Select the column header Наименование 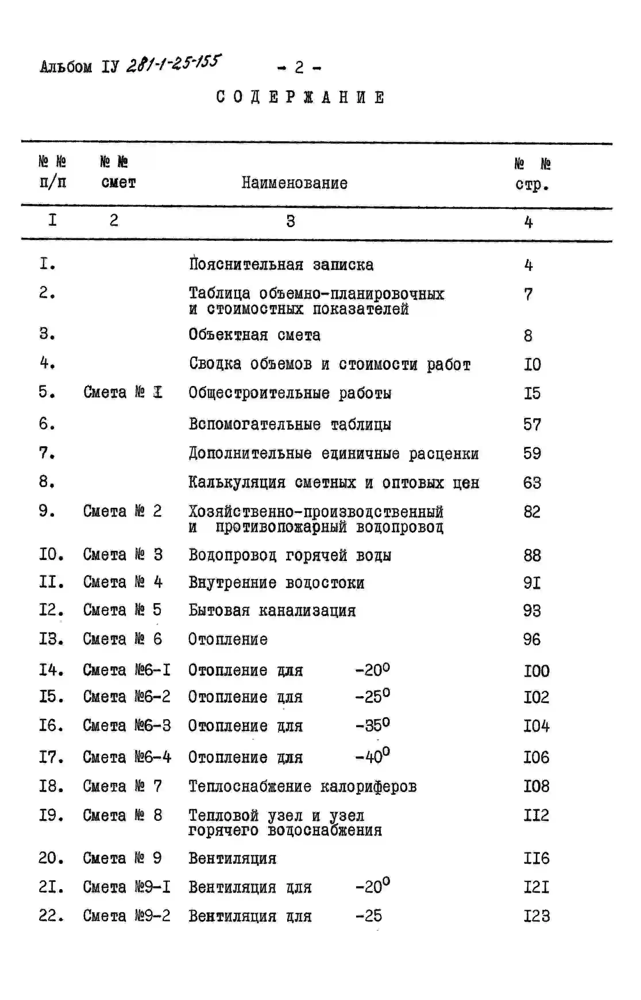point(294,183)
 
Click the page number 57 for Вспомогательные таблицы point(532,424)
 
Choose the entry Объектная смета point(254,335)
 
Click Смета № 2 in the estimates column point(122,511)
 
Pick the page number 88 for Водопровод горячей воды point(532,555)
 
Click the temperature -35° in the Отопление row point(372,725)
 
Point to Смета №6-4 point(127,757)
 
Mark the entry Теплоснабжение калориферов point(302,787)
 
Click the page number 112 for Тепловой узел point(536,815)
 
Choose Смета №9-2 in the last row point(127,916)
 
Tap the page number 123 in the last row point(536,916)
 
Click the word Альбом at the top point(66,67)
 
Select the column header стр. point(532,184)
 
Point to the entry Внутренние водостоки point(276,583)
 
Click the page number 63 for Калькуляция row point(532,483)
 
